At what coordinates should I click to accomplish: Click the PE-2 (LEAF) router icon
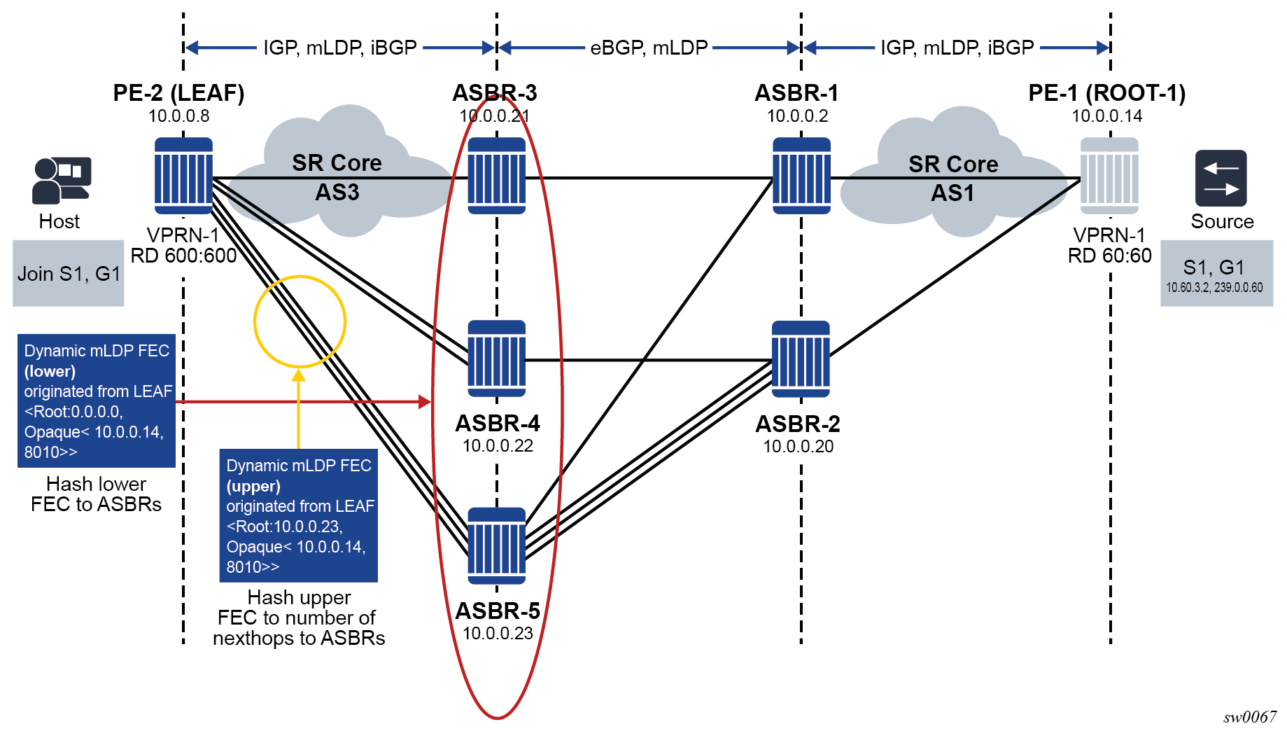[183, 176]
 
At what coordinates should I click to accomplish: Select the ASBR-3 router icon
[496, 176]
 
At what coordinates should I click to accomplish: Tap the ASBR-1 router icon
[801, 176]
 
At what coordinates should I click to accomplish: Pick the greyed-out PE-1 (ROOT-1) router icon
[1109, 176]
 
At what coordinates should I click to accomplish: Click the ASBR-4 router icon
[496, 358]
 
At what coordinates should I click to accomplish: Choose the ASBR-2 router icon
[801, 359]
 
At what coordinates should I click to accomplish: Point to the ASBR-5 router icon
[496, 546]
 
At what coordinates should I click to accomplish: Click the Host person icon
[61, 181]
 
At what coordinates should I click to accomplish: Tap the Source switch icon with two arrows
[1221, 179]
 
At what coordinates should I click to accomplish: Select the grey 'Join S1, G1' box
[69, 274]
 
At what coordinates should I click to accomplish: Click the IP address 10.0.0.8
[178, 116]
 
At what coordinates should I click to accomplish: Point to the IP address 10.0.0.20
[798, 447]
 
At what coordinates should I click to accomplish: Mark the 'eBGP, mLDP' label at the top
[649, 48]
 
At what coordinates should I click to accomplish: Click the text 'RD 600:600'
[183, 256]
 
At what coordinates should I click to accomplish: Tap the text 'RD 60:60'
[1109, 256]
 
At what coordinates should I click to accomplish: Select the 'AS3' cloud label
[337, 192]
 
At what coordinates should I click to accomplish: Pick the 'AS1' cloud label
[952, 193]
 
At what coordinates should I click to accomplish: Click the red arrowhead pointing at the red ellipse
[425, 402]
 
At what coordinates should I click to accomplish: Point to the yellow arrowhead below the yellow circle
[299, 376]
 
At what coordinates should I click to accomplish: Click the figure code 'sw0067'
[1249, 717]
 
